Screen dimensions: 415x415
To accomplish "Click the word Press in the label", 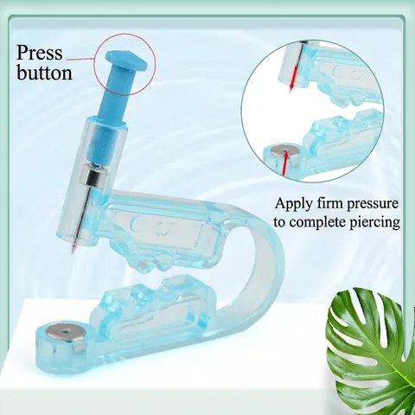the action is click(x=39, y=53).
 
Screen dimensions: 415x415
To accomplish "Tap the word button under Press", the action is click(x=44, y=72).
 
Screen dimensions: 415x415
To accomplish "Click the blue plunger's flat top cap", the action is click(x=128, y=61).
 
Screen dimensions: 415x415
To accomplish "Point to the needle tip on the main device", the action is click(x=73, y=252).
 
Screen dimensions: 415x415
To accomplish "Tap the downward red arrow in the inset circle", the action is click(x=293, y=81).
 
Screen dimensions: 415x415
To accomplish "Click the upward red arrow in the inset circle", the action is click(x=284, y=163).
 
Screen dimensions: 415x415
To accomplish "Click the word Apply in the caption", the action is click(x=294, y=204).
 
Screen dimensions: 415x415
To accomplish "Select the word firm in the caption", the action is click(x=330, y=203).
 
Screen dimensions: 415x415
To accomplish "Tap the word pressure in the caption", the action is click(x=373, y=205).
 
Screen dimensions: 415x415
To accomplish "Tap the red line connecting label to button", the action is click(x=81, y=60).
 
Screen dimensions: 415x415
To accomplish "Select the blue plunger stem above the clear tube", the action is click(x=112, y=93).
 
